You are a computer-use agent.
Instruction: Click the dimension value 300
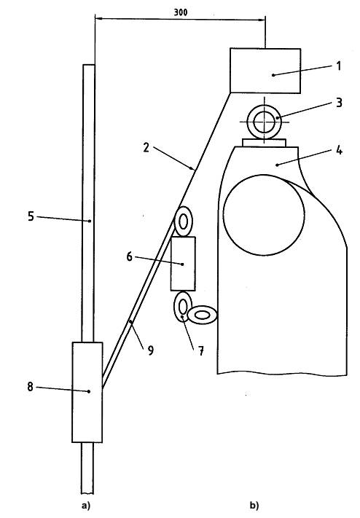coord(181,12)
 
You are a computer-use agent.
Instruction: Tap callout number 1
coord(338,66)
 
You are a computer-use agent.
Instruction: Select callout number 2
coord(146,148)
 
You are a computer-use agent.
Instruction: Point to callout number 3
coord(339,103)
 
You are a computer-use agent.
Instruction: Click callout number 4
coord(339,151)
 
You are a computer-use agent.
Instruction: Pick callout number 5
coord(31,216)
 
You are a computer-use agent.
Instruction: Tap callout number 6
coord(129,256)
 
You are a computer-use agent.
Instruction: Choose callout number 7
coord(201,351)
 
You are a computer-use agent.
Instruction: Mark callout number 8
coord(30,387)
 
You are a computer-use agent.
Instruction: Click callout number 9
coord(150,350)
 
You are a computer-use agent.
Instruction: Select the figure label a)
coord(85,506)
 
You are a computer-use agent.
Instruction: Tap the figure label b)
coord(254,506)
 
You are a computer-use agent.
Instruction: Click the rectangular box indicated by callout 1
coord(265,71)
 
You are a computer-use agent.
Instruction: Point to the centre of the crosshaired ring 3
coord(264,122)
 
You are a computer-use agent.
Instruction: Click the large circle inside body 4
coord(264,215)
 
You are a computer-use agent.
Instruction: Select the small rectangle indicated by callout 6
coord(183,264)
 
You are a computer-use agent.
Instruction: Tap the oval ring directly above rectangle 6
coord(183,221)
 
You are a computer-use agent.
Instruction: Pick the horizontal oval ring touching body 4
coord(203,315)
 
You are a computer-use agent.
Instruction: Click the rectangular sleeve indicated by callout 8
coord(87,392)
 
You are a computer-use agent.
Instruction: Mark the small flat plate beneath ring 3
coord(264,143)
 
